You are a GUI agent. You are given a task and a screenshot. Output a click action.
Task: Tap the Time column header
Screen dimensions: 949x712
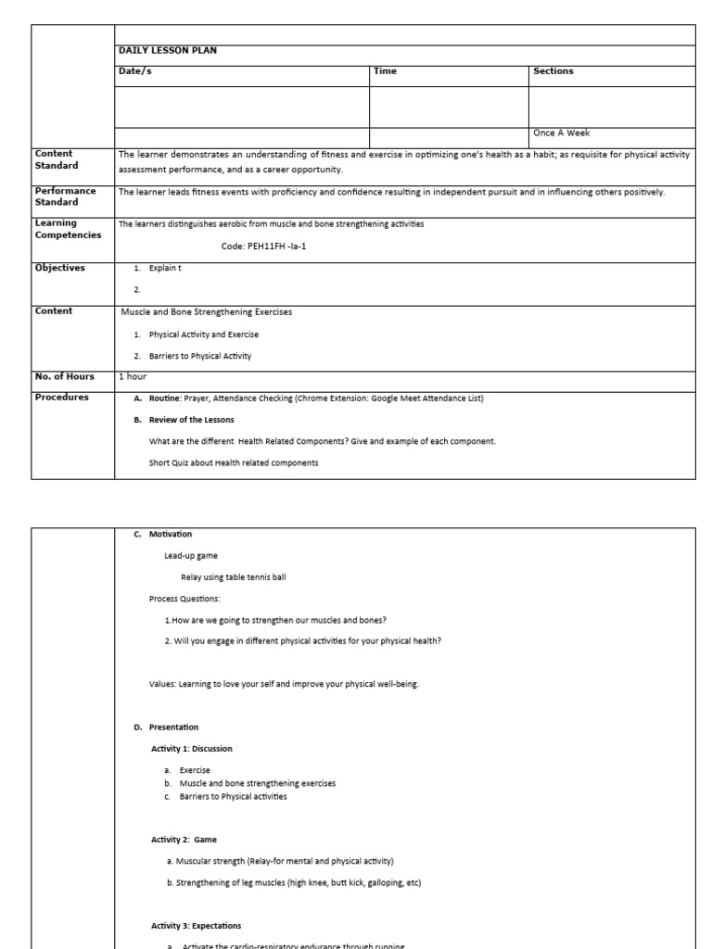coord(385,71)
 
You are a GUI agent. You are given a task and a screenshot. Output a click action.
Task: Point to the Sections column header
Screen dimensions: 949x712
coord(553,71)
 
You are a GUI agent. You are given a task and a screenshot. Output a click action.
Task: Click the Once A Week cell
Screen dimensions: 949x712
coord(561,133)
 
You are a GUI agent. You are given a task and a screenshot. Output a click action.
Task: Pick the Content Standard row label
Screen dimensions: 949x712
coord(57,159)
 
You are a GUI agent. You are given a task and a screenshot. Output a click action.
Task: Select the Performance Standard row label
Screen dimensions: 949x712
coord(65,196)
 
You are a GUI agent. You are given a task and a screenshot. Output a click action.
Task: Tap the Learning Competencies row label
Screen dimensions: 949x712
coord(68,229)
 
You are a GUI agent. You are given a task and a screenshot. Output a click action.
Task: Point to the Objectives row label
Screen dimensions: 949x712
coord(59,268)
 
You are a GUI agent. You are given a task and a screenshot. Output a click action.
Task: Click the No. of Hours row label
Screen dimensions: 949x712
coord(64,376)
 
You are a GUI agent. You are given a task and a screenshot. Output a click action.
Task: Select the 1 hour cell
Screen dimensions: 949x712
coord(133,376)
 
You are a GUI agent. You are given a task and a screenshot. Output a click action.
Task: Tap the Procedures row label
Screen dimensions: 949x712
coord(61,398)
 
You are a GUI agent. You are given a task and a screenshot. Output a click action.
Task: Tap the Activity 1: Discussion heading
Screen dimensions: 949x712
coord(192,749)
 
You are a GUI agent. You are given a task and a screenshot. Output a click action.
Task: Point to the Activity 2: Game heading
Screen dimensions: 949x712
coord(184,840)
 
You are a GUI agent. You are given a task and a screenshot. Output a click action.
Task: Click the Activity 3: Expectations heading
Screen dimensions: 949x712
coord(197,926)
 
